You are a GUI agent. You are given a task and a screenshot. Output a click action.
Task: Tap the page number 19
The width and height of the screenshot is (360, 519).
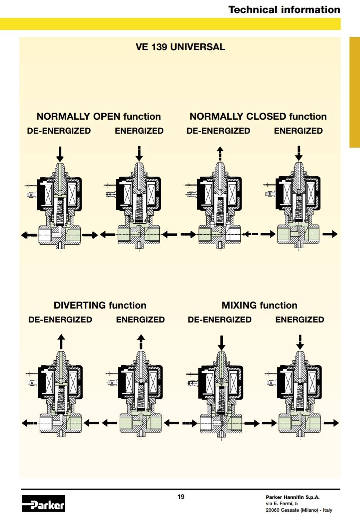point(181,497)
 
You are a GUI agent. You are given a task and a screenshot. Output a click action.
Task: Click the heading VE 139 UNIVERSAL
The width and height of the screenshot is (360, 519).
point(180,47)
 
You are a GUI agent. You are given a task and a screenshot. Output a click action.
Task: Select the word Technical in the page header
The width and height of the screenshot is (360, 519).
point(252,10)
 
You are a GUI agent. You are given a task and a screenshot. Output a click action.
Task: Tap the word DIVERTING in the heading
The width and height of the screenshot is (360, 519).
point(80,305)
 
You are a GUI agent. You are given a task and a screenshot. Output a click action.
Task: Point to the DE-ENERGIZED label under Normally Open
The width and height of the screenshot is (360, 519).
point(59,131)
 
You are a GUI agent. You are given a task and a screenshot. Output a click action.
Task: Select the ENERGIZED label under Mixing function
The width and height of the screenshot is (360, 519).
point(299,320)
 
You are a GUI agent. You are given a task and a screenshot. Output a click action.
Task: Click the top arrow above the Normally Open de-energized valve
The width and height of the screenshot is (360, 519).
point(60,154)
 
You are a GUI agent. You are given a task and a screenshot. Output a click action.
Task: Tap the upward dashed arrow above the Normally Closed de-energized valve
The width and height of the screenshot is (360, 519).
point(220,154)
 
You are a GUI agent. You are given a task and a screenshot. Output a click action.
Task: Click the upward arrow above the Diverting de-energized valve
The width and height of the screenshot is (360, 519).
point(61,342)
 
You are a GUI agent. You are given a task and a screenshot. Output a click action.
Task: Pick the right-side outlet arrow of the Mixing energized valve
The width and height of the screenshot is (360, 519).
point(331,423)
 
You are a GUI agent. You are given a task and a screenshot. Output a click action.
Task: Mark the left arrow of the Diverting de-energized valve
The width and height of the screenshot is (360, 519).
point(29,423)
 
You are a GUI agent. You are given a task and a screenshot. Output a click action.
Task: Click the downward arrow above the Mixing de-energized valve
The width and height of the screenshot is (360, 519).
point(222,343)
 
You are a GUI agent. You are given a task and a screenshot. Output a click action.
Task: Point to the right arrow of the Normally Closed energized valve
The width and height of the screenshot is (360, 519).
point(330,234)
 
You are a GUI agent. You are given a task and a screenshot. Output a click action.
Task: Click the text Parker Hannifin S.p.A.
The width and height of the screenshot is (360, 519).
point(292,497)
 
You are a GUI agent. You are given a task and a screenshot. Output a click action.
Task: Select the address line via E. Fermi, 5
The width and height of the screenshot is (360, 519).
point(282,504)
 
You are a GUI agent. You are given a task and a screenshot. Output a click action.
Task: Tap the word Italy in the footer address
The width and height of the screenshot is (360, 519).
point(327,510)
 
